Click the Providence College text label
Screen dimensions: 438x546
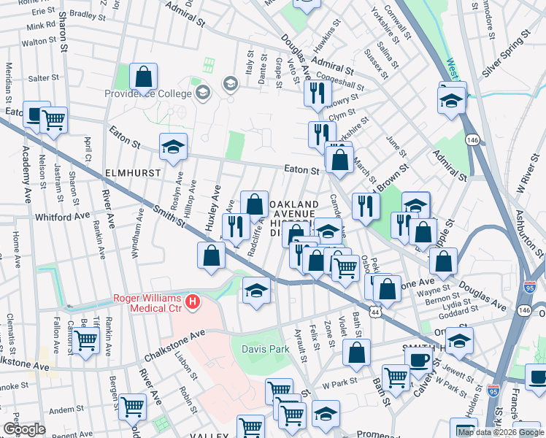tap(153, 94)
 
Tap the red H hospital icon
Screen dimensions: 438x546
tap(193, 301)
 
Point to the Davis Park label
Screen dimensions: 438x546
tap(266, 349)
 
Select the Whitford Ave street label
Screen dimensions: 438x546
tap(62, 217)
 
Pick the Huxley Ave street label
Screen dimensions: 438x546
tap(213, 208)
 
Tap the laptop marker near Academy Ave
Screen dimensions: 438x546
tap(36, 114)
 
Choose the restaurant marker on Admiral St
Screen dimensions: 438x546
tap(318, 93)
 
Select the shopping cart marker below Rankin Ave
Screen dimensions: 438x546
tap(86, 339)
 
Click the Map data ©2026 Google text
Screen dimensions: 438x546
tap(501, 432)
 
